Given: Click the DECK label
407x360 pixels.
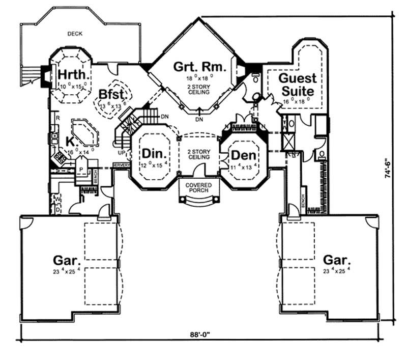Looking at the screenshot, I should click(x=75, y=34).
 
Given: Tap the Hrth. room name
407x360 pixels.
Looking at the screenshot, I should click(x=72, y=75).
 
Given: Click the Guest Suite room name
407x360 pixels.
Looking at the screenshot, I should click(x=298, y=85).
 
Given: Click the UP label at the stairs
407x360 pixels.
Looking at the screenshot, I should click(x=121, y=152).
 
